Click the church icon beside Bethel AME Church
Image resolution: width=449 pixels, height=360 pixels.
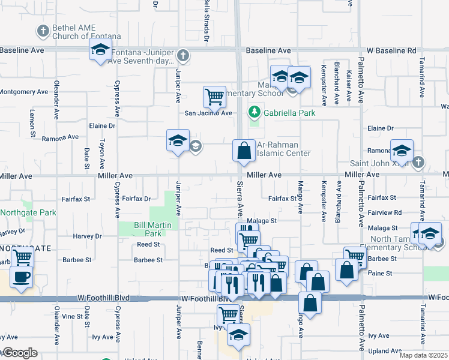point(43,30)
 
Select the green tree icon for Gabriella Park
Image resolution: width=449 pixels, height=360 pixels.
point(255,112)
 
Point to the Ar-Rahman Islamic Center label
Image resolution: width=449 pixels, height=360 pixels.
point(283,149)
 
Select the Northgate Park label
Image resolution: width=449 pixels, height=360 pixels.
point(28,212)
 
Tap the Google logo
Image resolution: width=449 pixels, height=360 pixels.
point(19,353)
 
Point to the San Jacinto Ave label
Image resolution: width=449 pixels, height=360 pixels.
point(208,113)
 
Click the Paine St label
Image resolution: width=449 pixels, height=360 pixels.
point(381,273)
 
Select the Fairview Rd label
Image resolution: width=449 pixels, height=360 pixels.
point(384,213)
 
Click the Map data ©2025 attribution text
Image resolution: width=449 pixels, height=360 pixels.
point(423,355)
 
